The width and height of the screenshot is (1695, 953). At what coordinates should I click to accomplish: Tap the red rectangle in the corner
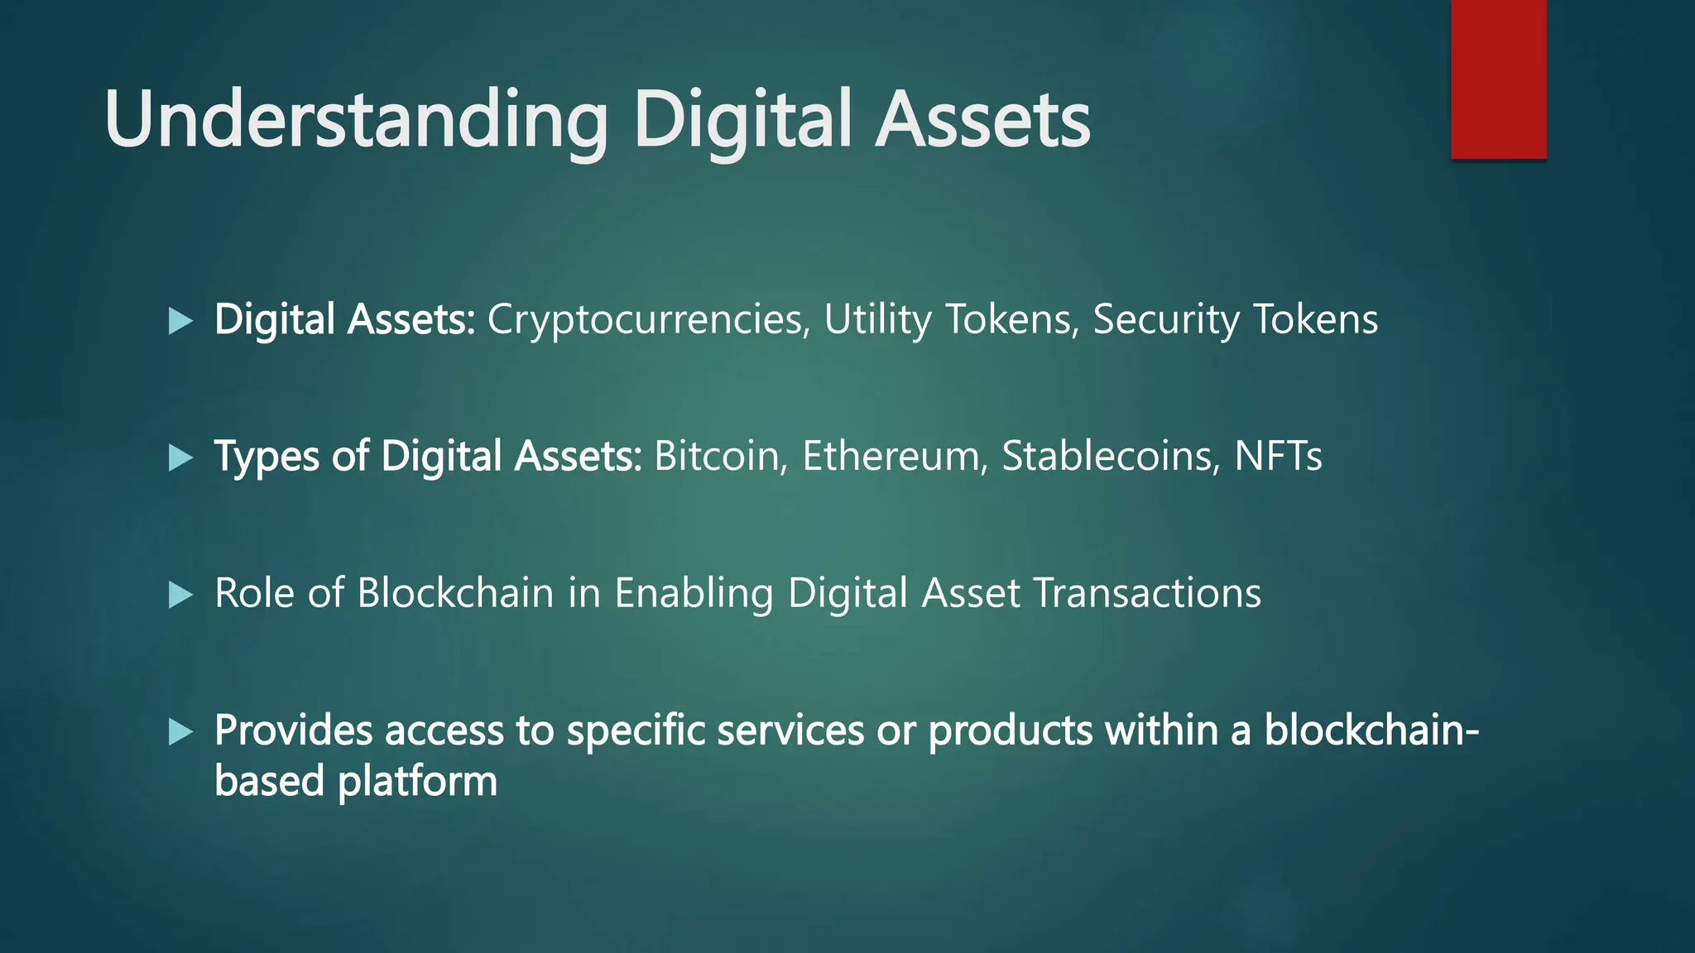tap(1498, 79)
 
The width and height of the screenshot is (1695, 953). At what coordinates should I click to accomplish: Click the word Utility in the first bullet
tap(877, 319)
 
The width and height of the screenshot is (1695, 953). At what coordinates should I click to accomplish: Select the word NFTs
tap(1278, 456)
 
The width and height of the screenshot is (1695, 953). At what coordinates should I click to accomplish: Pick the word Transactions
tap(1147, 593)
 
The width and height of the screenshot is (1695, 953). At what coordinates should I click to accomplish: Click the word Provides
tap(293, 730)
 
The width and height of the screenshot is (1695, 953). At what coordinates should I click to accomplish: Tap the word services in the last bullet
tap(790, 730)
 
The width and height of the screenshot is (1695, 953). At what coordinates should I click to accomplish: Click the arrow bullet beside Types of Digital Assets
tap(180, 457)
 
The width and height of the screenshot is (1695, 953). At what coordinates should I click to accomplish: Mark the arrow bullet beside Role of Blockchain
tap(180, 595)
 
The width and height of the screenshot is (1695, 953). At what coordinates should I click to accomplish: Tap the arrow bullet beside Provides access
tap(180, 731)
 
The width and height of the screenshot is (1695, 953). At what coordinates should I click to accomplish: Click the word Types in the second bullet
tap(266, 456)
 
